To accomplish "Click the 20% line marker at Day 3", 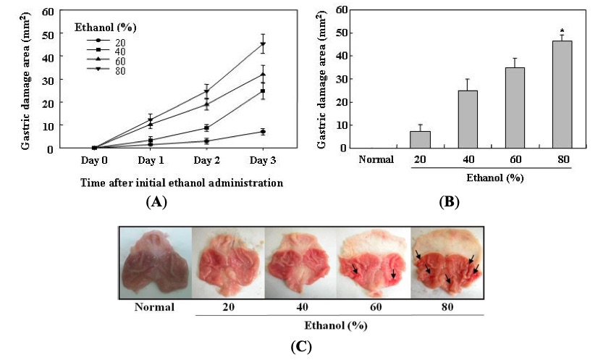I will (263, 132).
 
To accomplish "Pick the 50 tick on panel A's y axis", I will (48, 34).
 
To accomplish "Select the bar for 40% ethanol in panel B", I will (467, 120).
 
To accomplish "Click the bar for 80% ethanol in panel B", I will (562, 94).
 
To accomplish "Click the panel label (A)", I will (156, 202).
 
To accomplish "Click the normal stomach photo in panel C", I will (156, 262).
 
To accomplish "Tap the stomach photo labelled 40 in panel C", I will (301, 262).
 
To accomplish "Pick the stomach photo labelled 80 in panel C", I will (447, 262).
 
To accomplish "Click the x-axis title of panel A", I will (172, 183).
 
